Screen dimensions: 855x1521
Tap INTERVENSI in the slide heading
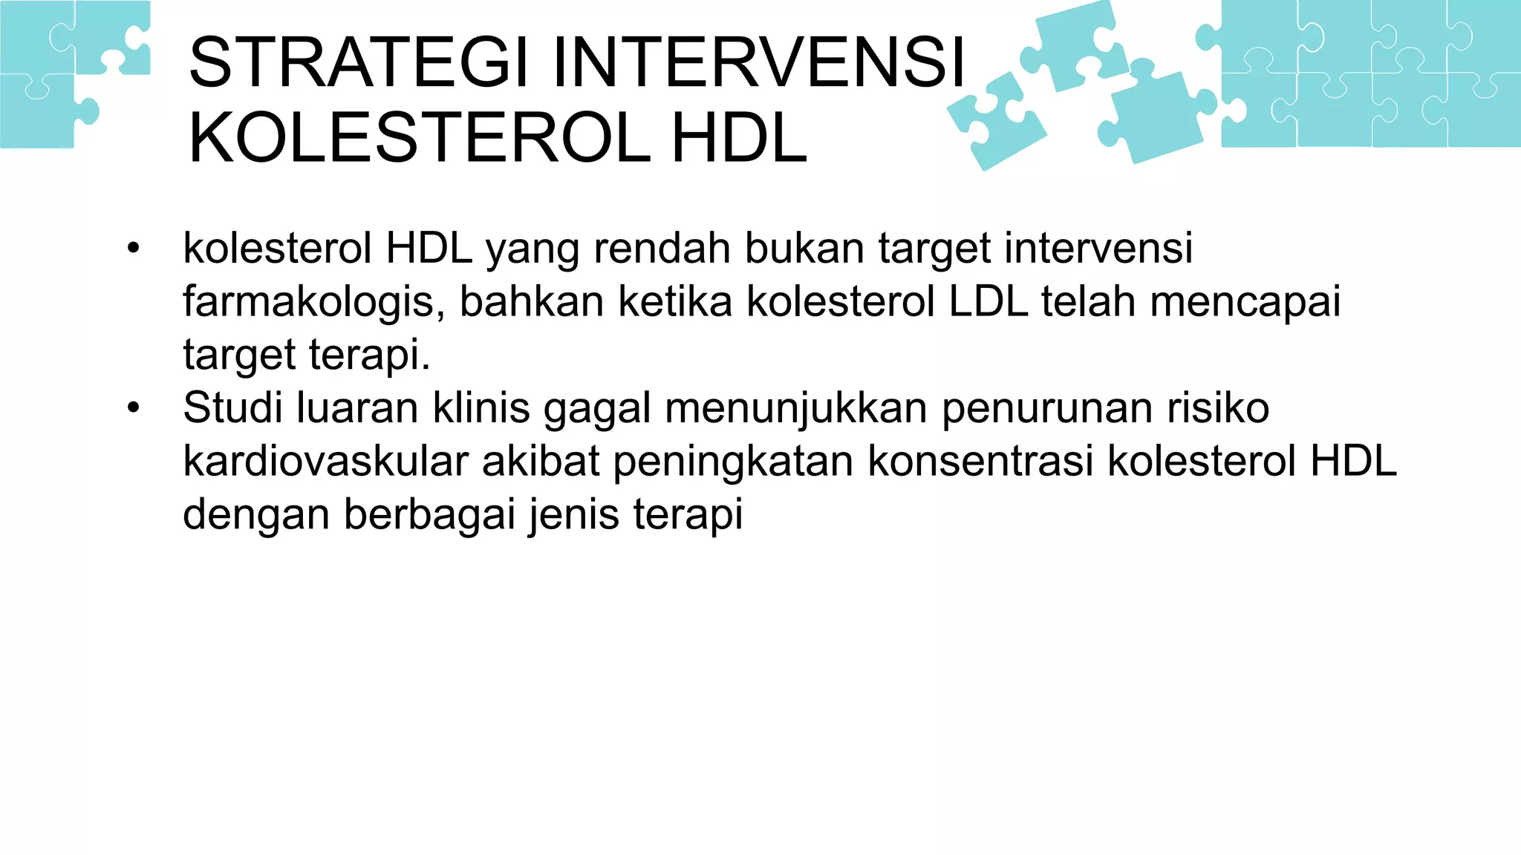coord(758,62)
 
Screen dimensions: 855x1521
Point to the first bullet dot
coord(133,249)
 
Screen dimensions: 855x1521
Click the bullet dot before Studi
coord(133,408)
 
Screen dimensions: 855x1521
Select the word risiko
coord(1217,407)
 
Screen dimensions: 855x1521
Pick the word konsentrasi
coord(980,461)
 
